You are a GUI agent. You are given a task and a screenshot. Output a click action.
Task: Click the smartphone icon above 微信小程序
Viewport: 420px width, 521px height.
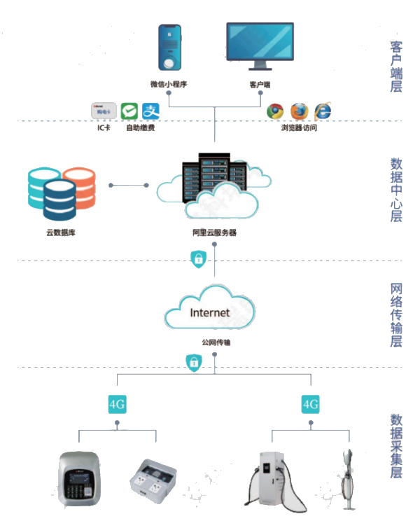tap(169, 48)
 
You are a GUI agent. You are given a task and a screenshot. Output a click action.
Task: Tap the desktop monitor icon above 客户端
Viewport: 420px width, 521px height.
tap(260, 46)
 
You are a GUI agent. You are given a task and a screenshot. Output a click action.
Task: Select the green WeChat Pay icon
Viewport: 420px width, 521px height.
tap(129, 111)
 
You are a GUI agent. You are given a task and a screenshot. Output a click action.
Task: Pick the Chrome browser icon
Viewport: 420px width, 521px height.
tap(276, 111)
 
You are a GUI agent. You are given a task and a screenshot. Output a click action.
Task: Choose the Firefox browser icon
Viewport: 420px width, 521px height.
tap(299, 111)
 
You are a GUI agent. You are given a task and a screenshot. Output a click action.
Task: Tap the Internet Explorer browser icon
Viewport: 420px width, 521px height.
tap(322, 111)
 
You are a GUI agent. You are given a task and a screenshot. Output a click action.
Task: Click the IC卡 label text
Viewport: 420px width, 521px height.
tap(104, 128)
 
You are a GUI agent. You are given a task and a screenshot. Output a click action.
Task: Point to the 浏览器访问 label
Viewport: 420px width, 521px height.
tap(299, 128)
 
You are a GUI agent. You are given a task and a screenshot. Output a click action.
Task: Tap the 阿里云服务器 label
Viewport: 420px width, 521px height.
tap(214, 232)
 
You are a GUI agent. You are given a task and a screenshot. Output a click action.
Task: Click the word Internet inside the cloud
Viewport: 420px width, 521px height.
tap(209, 312)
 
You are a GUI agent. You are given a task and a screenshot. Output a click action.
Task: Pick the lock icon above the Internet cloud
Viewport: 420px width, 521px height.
tap(199, 260)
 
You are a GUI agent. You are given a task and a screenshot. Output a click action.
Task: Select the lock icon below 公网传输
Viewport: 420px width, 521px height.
tap(192, 363)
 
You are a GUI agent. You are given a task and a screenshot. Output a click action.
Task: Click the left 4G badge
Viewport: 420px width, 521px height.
tap(117, 404)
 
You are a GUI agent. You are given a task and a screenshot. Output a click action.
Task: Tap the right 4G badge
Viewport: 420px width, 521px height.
tap(310, 404)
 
